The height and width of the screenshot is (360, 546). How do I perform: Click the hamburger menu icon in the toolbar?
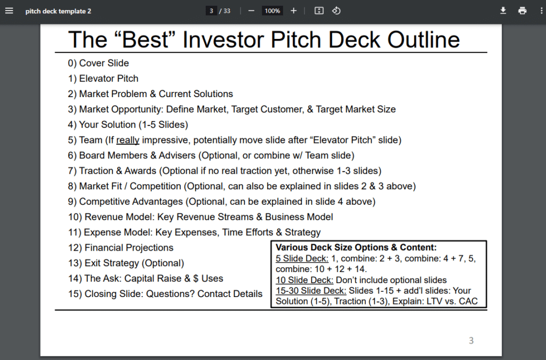(x=9, y=11)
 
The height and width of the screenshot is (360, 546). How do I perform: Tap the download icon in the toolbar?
(x=503, y=11)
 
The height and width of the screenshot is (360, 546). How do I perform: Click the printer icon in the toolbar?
(x=522, y=11)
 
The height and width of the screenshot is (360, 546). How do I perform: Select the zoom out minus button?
(x=251, y=11)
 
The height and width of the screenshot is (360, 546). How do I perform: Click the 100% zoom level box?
(x=272, y=11)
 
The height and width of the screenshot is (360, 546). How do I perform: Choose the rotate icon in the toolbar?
(x=336, y=11)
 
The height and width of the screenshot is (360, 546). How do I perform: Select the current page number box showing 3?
(x=212, y=11)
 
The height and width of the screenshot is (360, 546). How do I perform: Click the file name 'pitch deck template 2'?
(x=58, y=11)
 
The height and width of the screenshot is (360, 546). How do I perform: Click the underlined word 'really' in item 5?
(x=127, y=140)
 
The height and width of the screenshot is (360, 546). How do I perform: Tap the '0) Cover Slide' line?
(x=98, y=63)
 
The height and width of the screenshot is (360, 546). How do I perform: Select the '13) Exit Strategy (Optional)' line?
(x=126, y=263)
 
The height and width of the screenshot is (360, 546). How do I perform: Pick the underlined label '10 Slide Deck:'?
(x=304, y=280)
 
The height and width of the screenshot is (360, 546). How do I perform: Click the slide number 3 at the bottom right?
(x=471, y=340)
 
